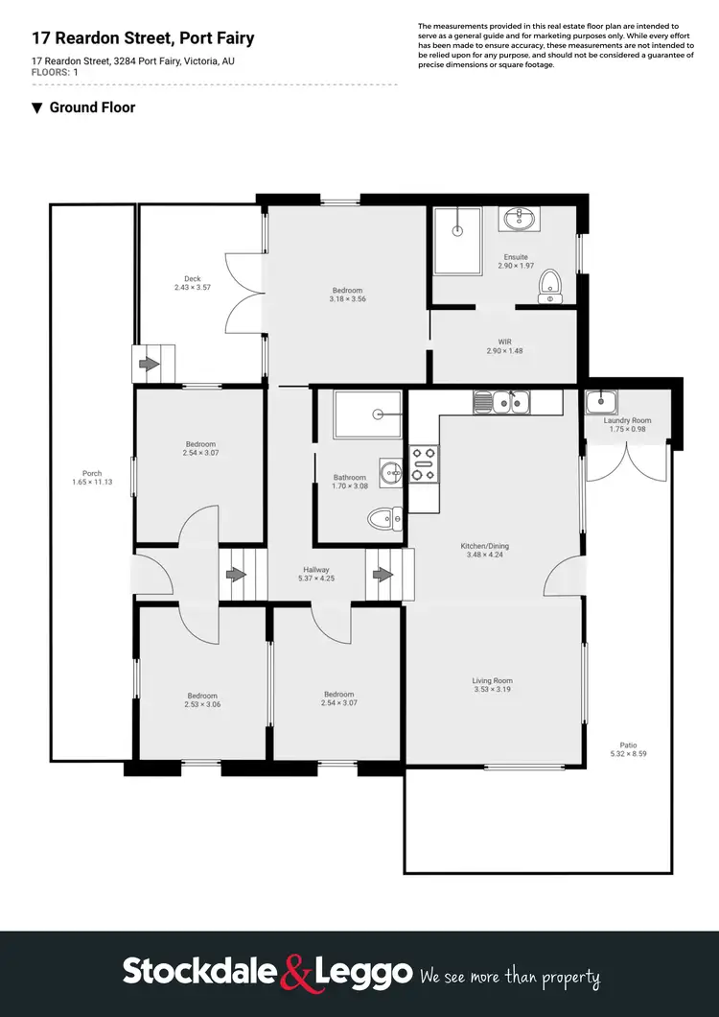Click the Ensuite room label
516,256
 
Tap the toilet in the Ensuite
550,285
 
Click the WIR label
504,342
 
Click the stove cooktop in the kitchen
423,464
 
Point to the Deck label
192,279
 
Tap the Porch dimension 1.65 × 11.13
92,482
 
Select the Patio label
628,745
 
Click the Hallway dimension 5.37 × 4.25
316,578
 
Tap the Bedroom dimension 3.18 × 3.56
347,299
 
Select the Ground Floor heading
92,107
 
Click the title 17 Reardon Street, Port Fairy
143,39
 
